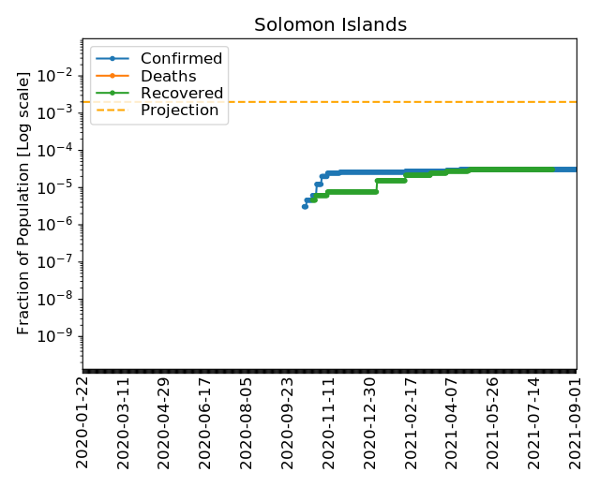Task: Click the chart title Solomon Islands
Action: (330, 25)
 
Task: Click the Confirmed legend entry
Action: (181, 59)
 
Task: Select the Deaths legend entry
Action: (168, 77)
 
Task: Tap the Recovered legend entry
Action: (181, 94)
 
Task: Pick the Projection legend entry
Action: (179, 111)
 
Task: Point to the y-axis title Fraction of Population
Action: (24, 202)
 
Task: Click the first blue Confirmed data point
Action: (305, 206)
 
